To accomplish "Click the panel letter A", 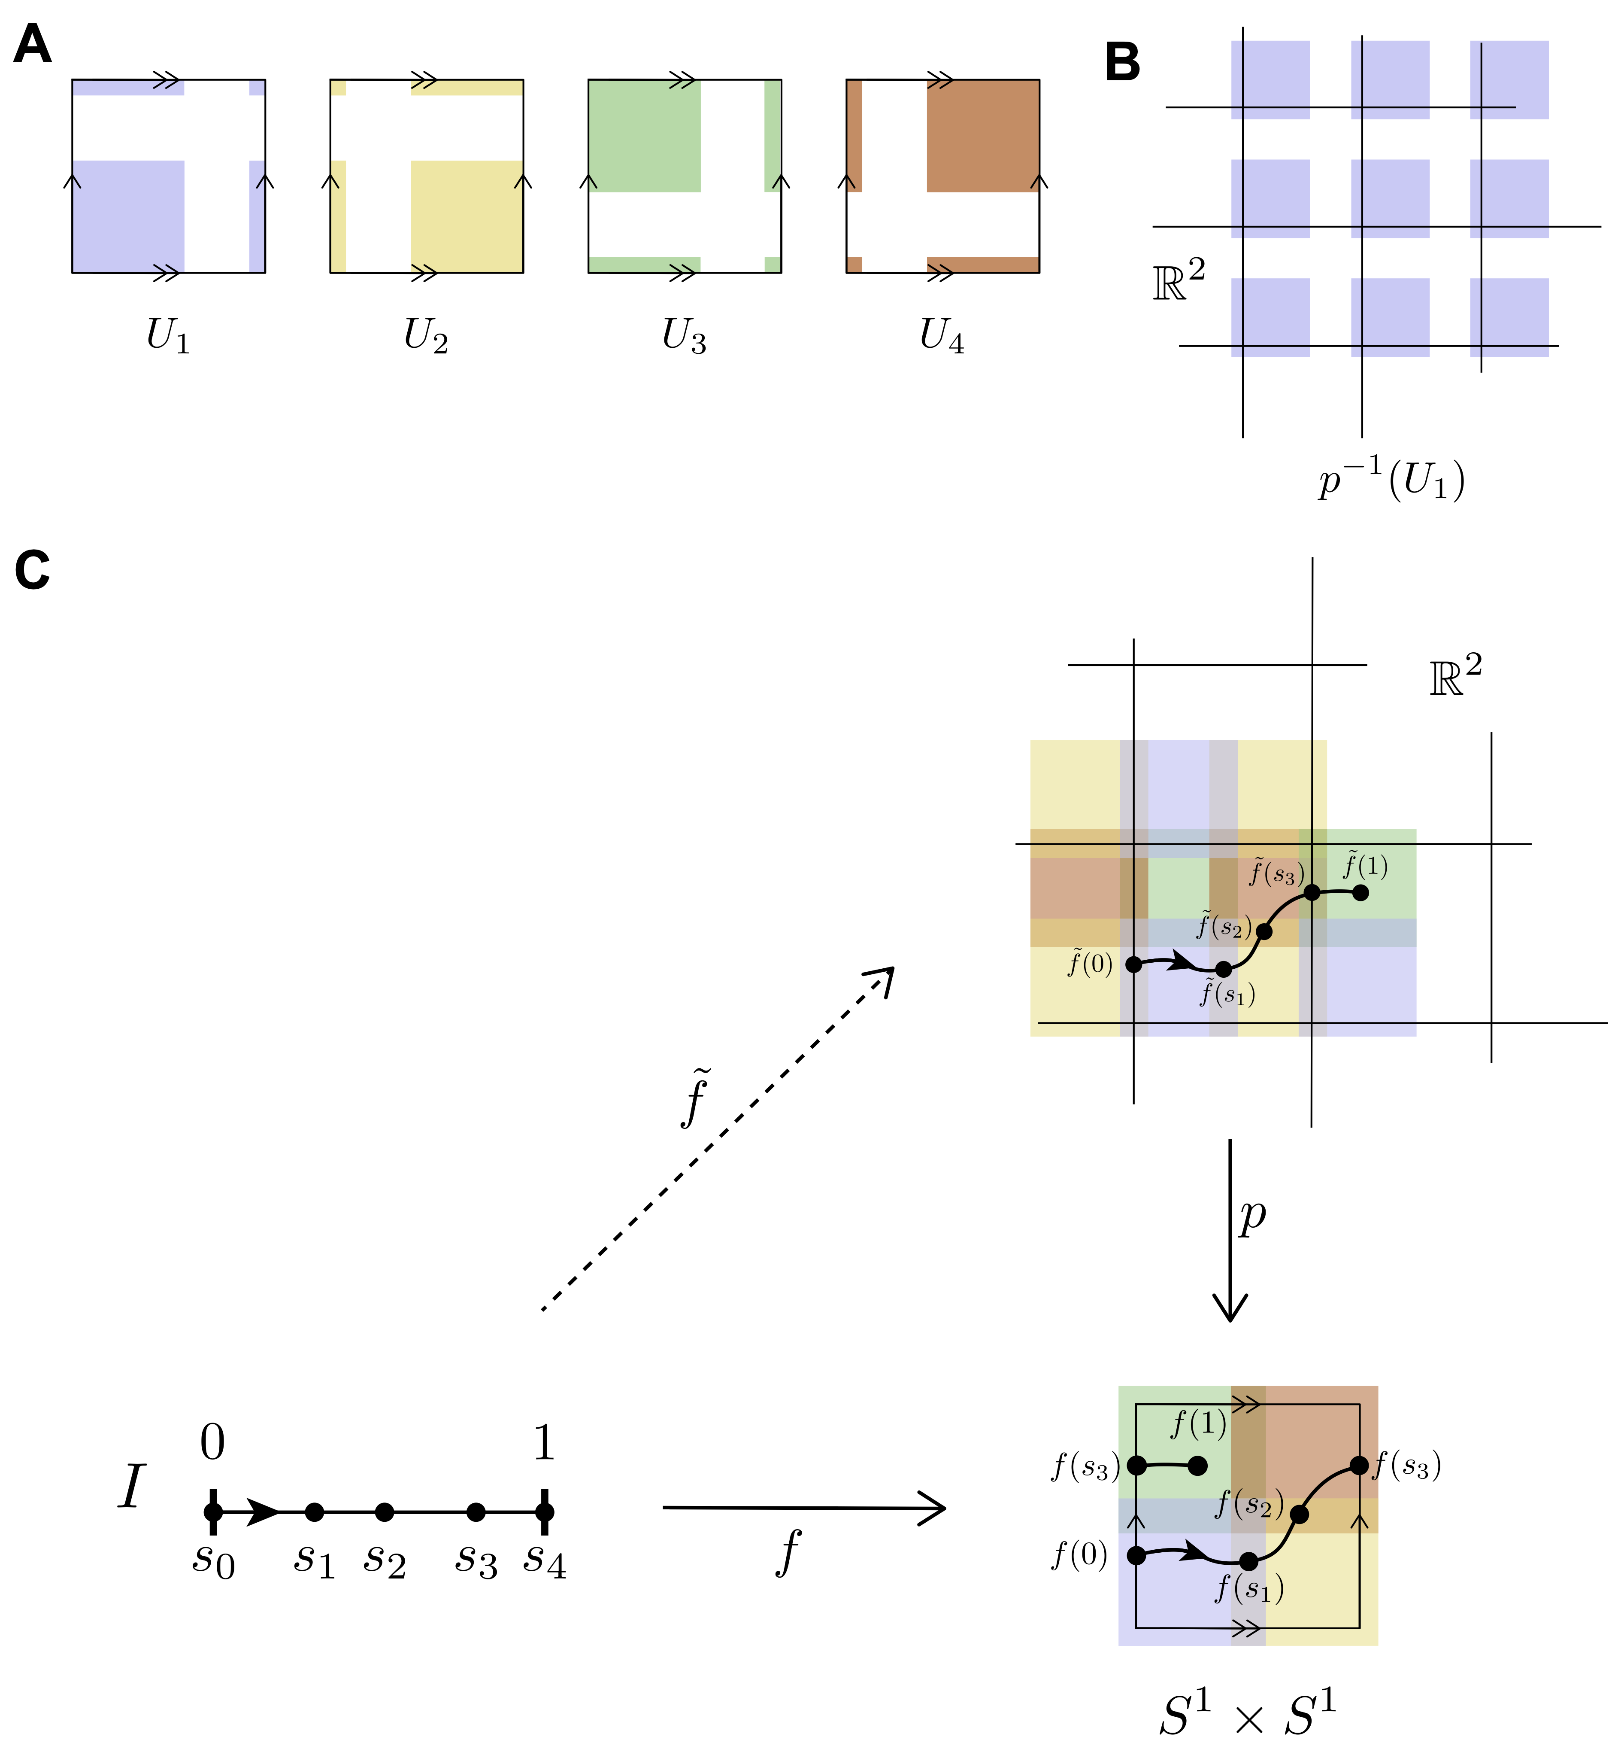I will click(x=33, y=44).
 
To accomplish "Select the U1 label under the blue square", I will click(x=167, y=335).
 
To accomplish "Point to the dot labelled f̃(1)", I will click(x=1360, y=893).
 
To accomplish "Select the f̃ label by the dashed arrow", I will click(x=695, y=1097).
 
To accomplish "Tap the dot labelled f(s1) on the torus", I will click(x=1248, y=1561).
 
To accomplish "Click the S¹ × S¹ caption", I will click(x=1247, y=1716).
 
